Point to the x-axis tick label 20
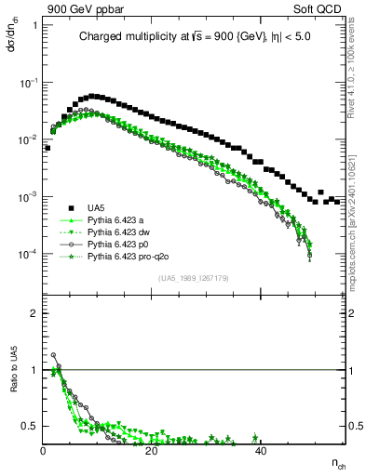pos(152,450)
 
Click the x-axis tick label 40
pos(262,450)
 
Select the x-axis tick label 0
pos(44,450)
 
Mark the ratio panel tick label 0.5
pos(32,426)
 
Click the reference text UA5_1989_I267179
pos(194,278)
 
